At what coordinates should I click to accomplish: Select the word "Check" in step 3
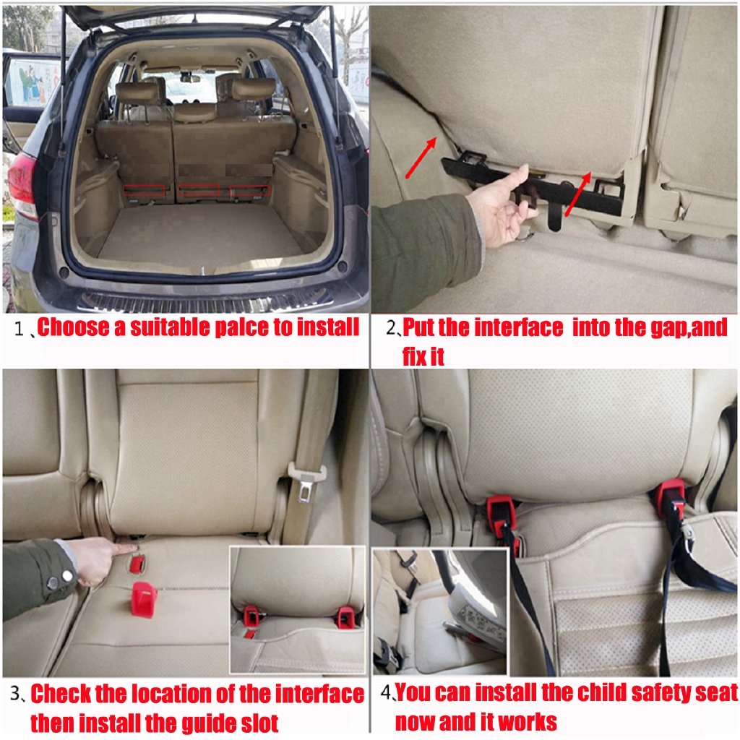(61, 694)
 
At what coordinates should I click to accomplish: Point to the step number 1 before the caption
(20, 329)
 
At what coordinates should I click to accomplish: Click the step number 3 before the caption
(17, 694)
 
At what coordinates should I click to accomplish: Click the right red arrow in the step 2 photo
(578, 194)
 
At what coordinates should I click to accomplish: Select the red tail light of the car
(22, 184)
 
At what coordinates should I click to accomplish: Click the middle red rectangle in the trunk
(199, 190)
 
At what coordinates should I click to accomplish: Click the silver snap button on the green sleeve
(53, 582)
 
